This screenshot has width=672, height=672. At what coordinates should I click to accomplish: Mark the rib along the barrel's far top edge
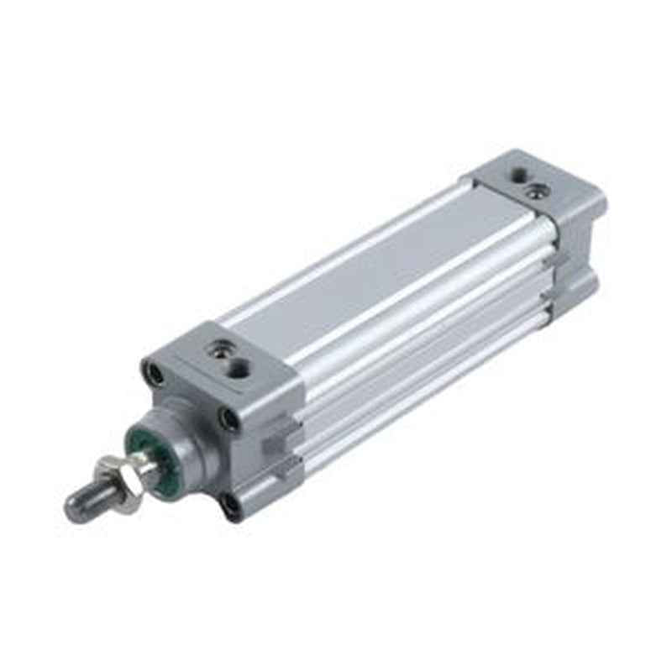(336, 252)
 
